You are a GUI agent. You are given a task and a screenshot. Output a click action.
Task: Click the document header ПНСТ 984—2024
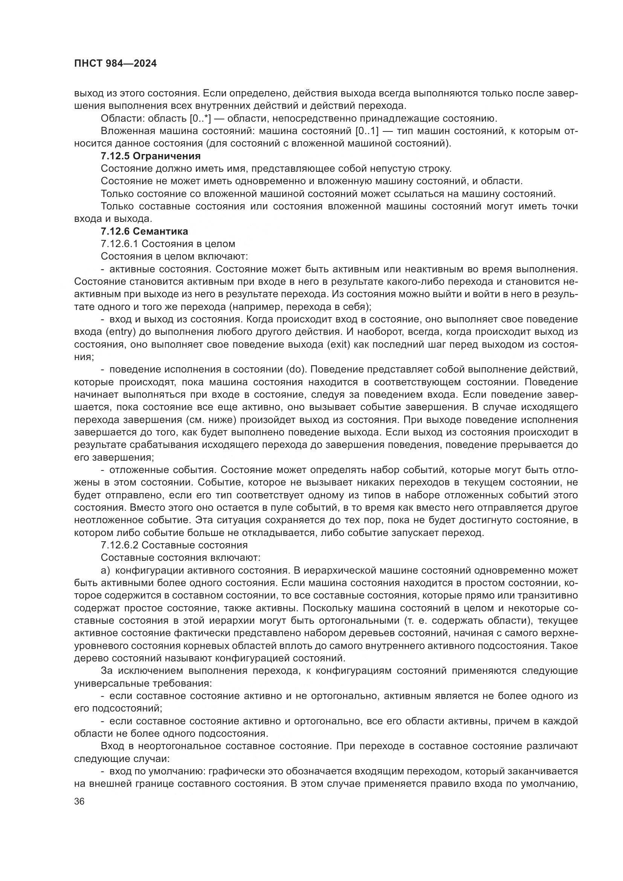click(x=116, y=64)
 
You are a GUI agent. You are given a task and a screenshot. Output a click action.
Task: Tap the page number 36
click(x=79, y=801)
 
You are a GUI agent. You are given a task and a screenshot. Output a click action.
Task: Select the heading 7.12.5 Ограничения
click(x=151, y=156)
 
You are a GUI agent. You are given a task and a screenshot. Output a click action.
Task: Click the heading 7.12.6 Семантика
click(x=144, y=231)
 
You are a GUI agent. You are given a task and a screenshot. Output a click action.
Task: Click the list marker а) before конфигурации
click(x=105, y=571)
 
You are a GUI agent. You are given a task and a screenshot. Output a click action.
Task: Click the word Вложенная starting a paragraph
click(x=128, y=131)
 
